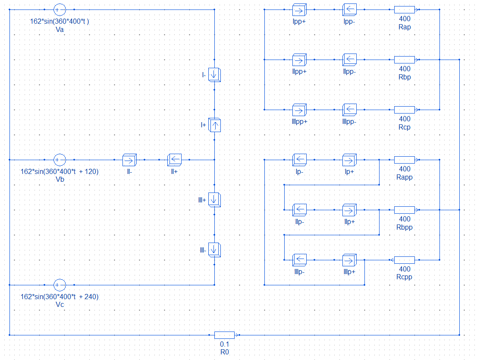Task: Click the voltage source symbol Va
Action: click(x=59, y=9)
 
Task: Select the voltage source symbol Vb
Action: click(x=59, y=160)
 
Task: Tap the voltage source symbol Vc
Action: click(x=59, y=285)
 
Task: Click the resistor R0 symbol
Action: click(x=225, y=335)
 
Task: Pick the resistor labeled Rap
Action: click(x=405, y=9)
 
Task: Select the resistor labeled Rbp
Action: click(x=405, y=60)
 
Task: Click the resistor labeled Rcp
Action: click(x=405, y=110)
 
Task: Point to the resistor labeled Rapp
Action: click(x=405, y=160)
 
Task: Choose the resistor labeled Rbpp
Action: click(x=405, y=210)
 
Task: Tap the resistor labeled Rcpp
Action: click(x=405, y=260)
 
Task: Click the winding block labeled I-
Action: click(x=214, y=75)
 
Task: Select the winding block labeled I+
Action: click(x=214, y=125)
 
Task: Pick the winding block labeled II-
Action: click(x=129, y=160)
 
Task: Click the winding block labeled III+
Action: click(x=214, y=199)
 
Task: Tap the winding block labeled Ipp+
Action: click(x=299, y=9)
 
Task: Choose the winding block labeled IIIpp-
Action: click(x=349, y=110)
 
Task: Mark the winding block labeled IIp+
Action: click(x=349, y=210)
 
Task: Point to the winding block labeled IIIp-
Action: click(x=299, y=260)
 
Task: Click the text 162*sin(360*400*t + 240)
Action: click(x=60, y=297)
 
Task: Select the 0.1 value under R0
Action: click(x=225, y=344)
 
